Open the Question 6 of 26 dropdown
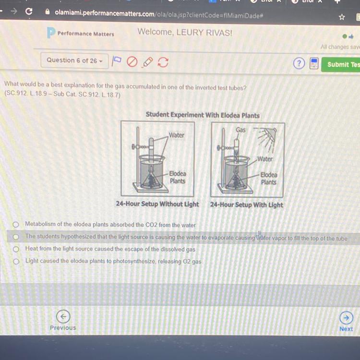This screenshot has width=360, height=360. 74,61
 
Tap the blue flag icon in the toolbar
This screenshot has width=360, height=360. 117,61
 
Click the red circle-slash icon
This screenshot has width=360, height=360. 132,62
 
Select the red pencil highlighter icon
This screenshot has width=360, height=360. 147,62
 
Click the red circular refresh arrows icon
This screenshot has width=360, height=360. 163,62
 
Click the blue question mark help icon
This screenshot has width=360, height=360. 299,63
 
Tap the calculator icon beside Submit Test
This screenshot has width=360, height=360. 314,63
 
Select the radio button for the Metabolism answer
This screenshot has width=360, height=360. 16,224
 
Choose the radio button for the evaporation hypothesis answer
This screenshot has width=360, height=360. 16,237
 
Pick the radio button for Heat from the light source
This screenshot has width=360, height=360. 16,249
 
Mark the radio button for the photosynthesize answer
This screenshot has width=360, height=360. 16,262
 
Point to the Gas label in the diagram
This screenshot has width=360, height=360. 240,130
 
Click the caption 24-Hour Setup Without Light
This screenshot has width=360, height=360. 157,204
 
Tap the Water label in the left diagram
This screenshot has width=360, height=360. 177,135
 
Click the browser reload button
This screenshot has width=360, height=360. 29,11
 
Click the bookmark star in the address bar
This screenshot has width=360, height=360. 342,17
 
